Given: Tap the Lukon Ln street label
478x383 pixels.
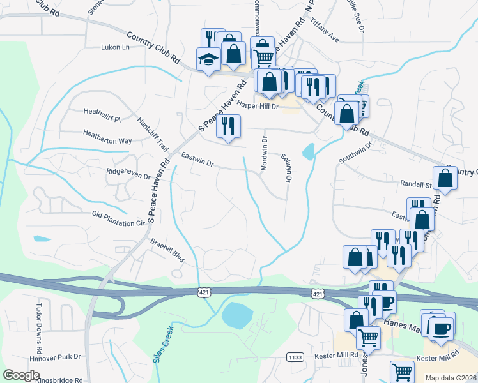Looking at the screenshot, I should click(x=115, y=47).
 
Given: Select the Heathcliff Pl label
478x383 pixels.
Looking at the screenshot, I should click(x=102, y=111).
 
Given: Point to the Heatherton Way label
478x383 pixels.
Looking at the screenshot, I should click(x=107, y=134).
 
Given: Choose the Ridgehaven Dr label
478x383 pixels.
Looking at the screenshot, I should click(x=128, y=172).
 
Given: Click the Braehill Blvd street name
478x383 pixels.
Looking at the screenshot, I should click(x=167, y=249).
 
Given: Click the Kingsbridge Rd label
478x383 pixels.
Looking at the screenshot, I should click(x=61, y=379).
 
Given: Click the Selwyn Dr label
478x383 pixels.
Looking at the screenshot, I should click(x=286, y=169).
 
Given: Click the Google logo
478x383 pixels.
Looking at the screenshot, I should click(x=22, y=375).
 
